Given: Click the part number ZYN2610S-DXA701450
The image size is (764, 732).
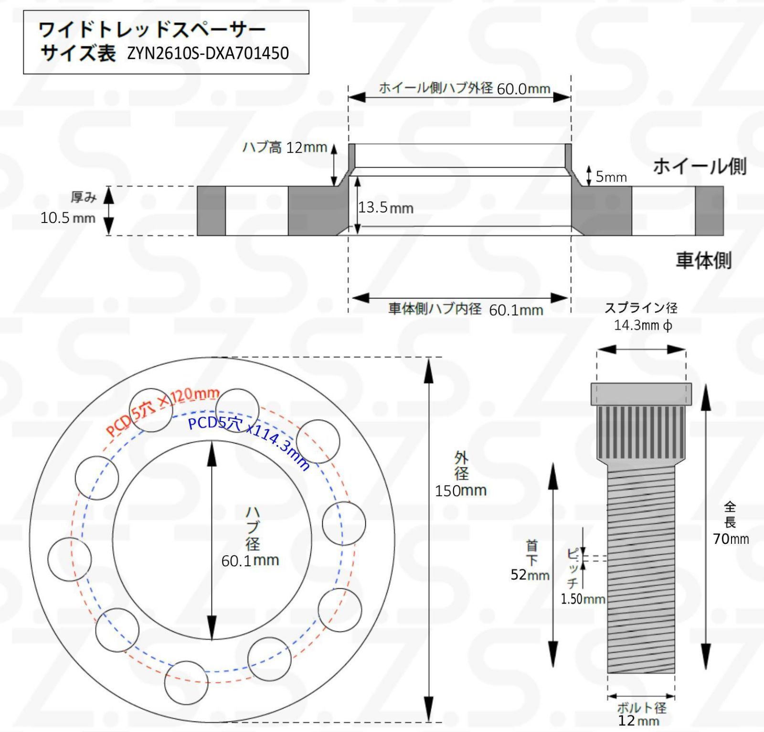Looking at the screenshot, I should (x=208, y=53).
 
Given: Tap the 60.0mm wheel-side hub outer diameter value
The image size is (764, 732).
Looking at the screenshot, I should (x=523, y=89).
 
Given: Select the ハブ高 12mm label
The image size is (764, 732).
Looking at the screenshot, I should (x=285, y=147).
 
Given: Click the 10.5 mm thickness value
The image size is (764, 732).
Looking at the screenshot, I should (x=68, y=218).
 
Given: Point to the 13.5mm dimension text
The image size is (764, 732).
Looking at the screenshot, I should (x=386, y=208).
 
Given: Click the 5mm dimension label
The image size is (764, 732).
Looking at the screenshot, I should (x=611, y=177).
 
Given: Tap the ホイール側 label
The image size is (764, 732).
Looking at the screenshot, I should (x=699, y=166).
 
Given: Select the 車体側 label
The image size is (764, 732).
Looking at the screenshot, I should (x=703, y=260).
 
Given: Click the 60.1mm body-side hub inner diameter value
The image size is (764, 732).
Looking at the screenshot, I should (x=516, y=310).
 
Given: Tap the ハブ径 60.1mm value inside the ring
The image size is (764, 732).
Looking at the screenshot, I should (x=250, y=561).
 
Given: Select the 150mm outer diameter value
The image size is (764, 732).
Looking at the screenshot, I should (x=460, y=490).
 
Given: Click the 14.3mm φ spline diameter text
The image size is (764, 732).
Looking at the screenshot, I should (x=643, y=325).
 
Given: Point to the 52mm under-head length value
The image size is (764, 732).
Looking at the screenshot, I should (x=530, y=574).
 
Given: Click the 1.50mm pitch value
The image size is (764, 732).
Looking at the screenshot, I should (x=583, y=599).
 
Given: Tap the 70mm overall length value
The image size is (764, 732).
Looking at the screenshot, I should (x=731, y=539).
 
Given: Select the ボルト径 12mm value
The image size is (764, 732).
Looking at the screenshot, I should (x=638, y=721).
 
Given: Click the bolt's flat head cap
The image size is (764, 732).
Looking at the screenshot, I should (x=641, y=394).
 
